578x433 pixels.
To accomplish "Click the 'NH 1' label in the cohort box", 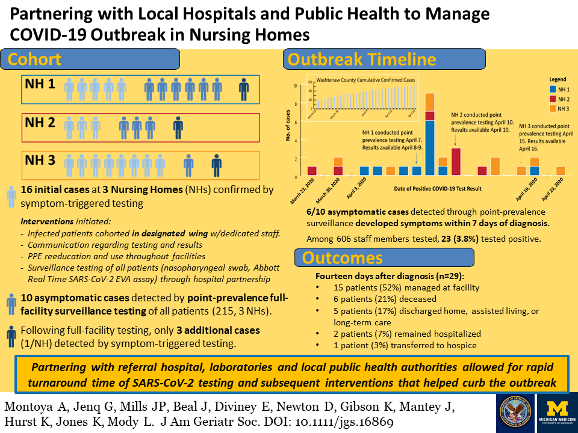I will [40, 84].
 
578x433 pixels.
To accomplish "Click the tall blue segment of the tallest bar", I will [430, 147].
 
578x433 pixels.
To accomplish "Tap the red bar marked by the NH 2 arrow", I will [456, 161].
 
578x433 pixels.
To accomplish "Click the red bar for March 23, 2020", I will [312, 171].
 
